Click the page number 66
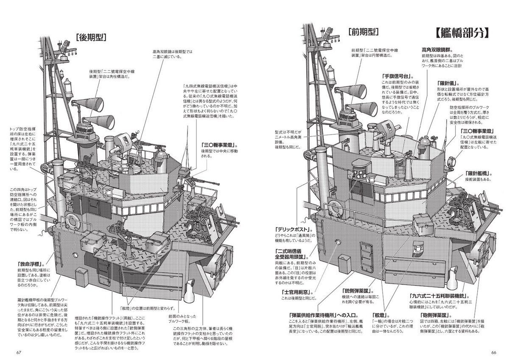(x=491, y=351)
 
